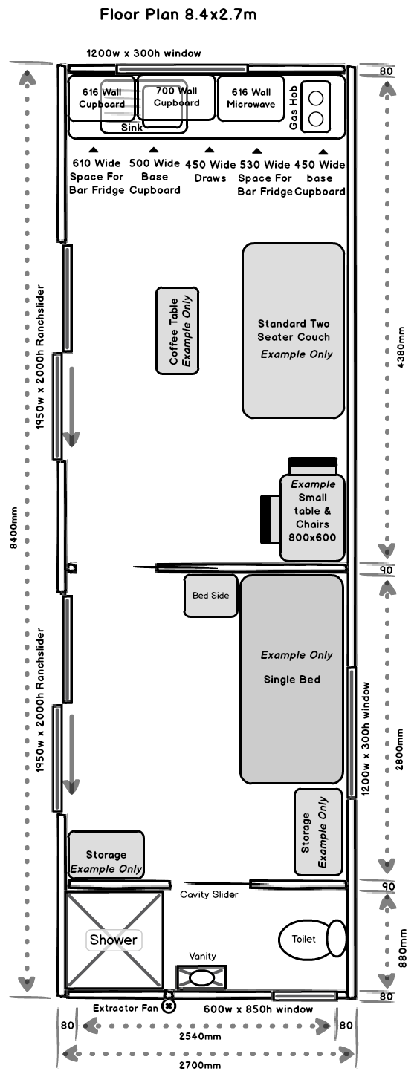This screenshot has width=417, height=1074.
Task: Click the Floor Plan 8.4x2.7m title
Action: click(178, 14)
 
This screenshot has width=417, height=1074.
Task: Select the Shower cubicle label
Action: click(114, 940)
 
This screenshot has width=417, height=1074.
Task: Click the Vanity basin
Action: click(201, 977)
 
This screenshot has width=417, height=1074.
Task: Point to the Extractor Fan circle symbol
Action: click(169, 1006)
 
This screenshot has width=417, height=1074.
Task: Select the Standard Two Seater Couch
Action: click(293, 331)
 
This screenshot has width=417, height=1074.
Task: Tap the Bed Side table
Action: click(211, 596)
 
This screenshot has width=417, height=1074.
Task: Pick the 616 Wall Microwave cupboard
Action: click(251, 98)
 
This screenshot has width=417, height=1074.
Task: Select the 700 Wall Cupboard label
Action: click(176, 97)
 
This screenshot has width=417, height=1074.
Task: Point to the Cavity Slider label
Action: click(209, 894)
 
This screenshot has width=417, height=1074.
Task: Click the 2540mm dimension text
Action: click(201, 1035)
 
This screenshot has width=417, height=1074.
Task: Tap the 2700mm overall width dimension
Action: click(200, 1065)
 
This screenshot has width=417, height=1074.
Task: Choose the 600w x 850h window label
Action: click(258, 1009)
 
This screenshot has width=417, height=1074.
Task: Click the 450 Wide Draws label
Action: click(210, 171)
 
